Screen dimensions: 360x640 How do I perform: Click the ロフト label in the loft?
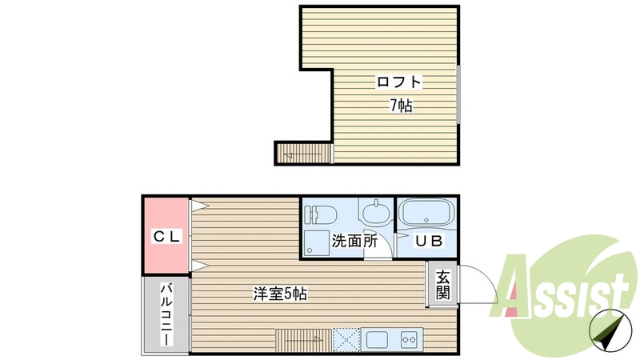click(x=399, y=82)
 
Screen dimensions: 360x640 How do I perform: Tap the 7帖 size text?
click(x=401, y=106)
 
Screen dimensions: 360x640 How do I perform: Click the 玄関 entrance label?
click(x=442, y=285)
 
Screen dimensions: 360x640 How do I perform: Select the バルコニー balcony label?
click(x=166, y=314)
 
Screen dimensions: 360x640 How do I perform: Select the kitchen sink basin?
click(x=374, y=339)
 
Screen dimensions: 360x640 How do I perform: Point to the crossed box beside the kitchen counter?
click(x=346, y=339)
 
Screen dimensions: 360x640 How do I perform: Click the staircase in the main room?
click(x=302, y=339)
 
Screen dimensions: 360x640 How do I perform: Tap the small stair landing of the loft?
click(x=303, y=152)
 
